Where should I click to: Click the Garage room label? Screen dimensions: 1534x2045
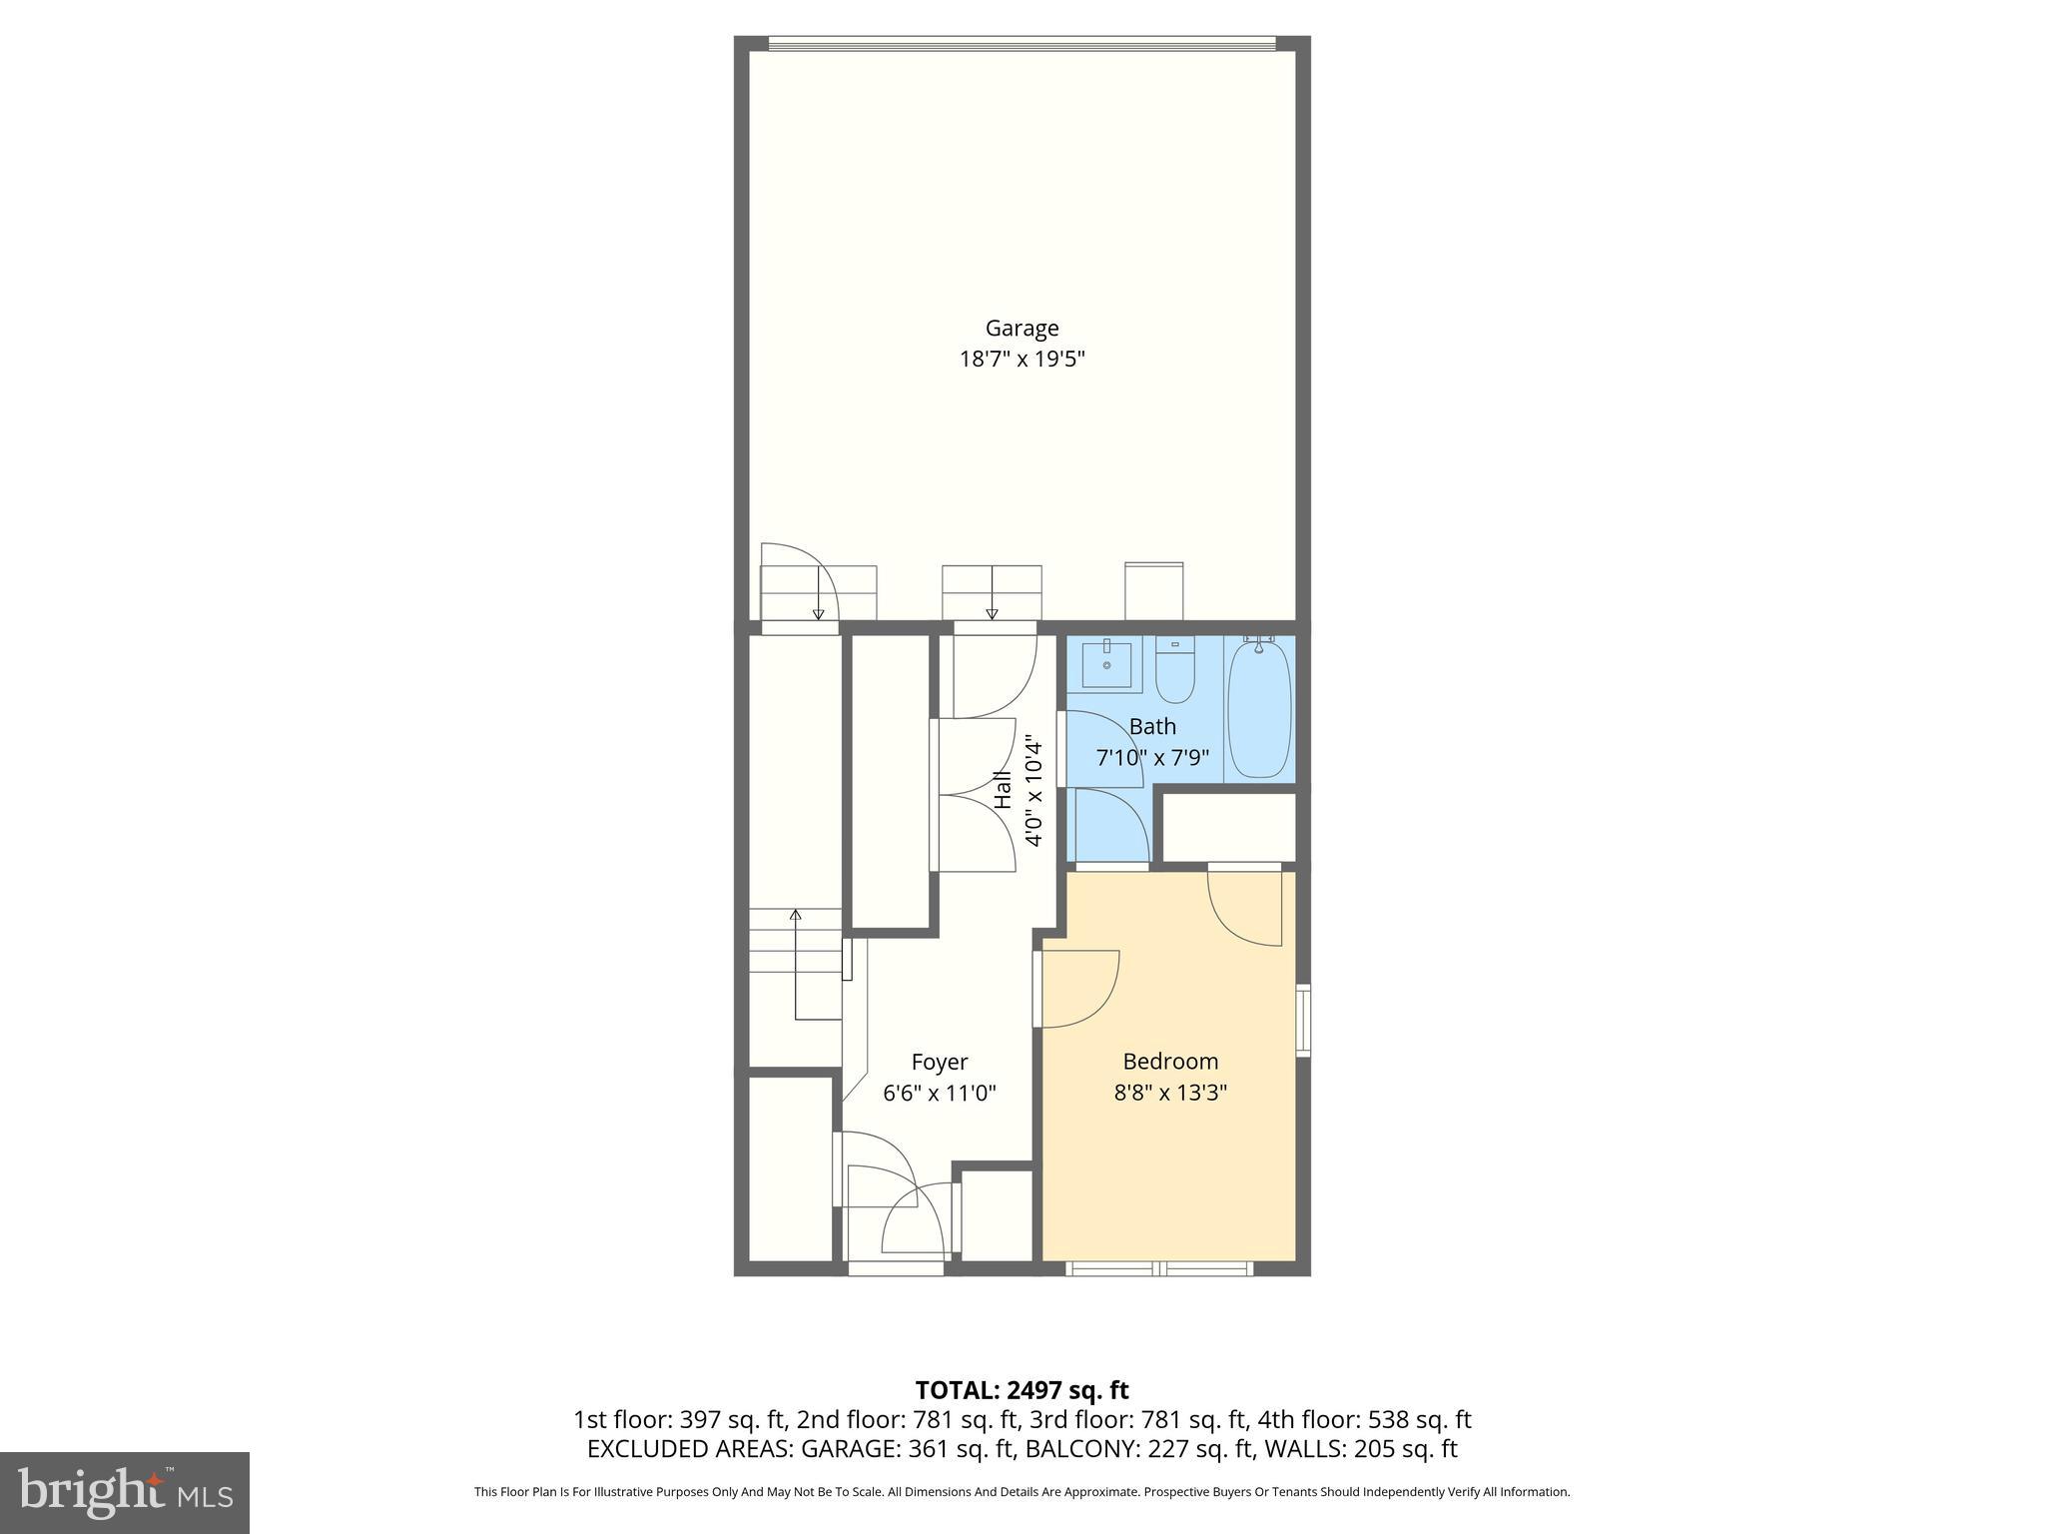(x=1022, y=328)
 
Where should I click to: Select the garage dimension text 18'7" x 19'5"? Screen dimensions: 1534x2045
(x=1022, y=360)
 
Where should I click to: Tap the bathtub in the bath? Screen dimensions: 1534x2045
(x=1258, y=709)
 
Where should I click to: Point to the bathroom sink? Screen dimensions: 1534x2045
(x=1105, y=664)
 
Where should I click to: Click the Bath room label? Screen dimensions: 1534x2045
(x=1152, y=726)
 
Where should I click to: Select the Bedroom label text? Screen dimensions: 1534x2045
(x=1170, y=1061)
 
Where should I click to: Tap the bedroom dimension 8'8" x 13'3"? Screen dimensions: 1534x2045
(x=1170, y=1093)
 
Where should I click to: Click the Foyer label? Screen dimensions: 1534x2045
(x=940, y=1062)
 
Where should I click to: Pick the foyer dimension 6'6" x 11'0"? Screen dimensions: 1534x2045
(x=940, y=1094)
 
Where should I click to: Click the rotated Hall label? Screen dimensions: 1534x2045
(x=1004, y=789)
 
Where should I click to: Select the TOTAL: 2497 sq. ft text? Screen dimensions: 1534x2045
(x=1022, y=1390)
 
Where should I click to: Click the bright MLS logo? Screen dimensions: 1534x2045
(x=124, y=1492)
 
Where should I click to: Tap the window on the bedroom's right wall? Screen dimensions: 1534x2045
(x=1303, y=1020)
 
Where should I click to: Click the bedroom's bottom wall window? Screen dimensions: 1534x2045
(x=1159, y=1268)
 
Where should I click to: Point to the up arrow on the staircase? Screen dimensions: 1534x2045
(x=796, y=915)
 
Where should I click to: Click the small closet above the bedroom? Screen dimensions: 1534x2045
(x=1229, y=827)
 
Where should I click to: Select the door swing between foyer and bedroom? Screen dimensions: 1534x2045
(x=1078, y=989)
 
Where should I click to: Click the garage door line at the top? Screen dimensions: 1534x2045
(x=1022, y=43)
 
